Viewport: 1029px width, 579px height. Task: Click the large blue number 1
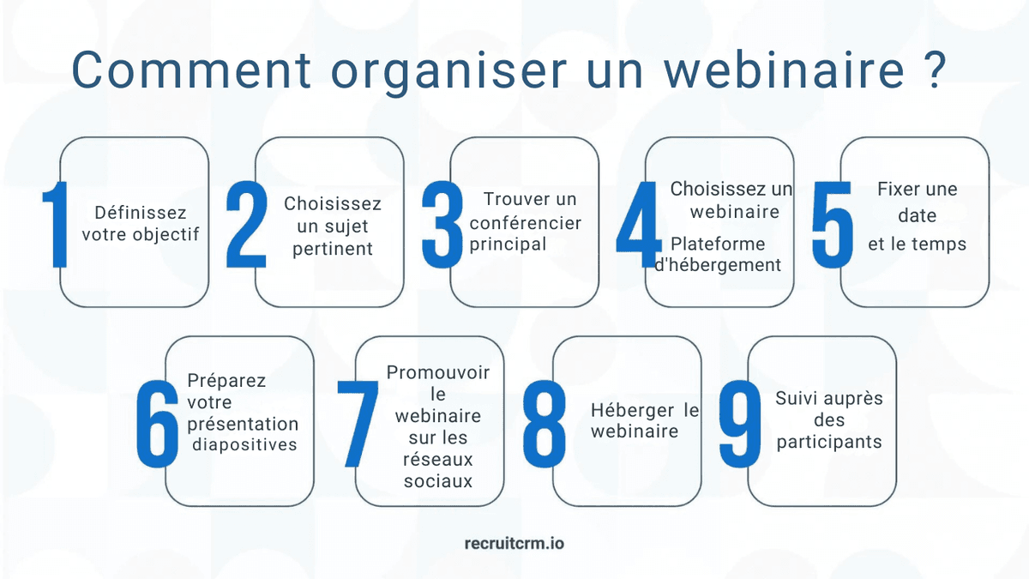coord(57,225)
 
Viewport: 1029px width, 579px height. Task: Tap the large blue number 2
coord(246,225)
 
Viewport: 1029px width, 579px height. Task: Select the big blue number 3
coord(442,225)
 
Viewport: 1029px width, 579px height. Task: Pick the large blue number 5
coord(833,225)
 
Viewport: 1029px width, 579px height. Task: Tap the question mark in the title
coord(936,69)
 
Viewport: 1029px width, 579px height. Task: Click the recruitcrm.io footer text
coord(514,543)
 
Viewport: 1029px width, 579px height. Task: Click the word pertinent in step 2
coord(333,250)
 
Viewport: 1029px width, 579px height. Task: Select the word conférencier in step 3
coord(526,223)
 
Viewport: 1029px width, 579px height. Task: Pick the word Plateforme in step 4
coord(718,244)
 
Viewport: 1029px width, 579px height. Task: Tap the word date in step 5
coord(917,216)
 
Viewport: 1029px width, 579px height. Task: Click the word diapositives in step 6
coord(244,444)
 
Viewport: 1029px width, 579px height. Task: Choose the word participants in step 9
coord(829,443)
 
